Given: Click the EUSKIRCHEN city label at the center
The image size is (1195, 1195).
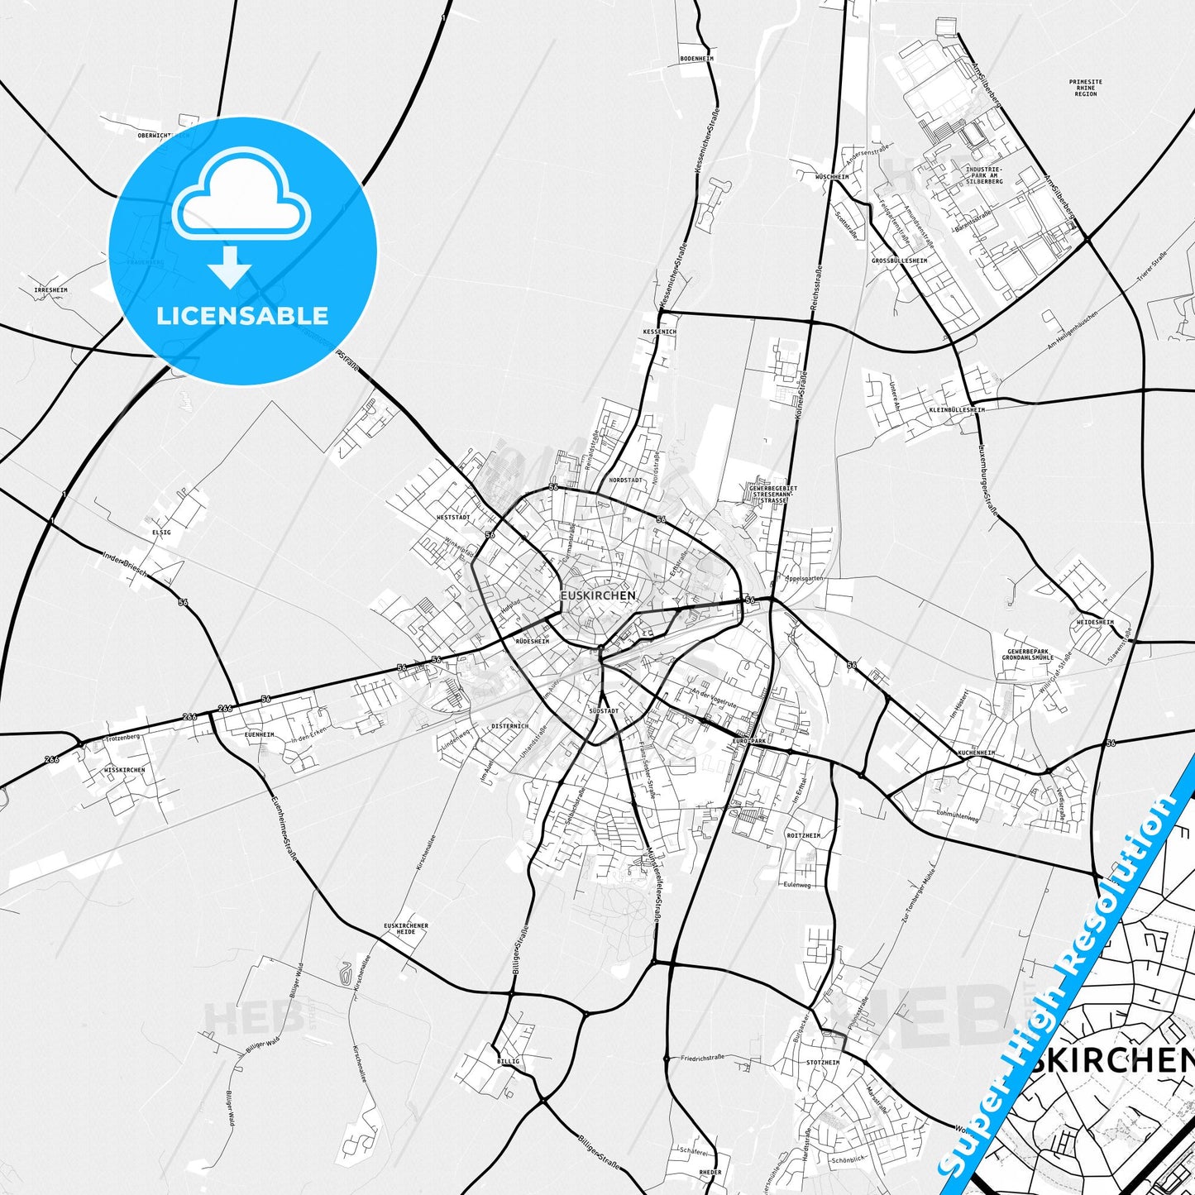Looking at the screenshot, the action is (x=598, y=595).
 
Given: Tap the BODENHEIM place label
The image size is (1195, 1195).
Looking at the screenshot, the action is (x=696, y=59).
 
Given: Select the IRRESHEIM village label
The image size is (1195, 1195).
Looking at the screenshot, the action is (x=51, y=290).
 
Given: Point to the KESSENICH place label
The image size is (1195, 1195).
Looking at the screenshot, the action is (x=659, y=332).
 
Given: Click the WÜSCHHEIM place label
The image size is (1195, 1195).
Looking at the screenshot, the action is (x=832, y=177).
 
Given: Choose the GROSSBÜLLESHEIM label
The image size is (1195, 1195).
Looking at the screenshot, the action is (x=899, y=261).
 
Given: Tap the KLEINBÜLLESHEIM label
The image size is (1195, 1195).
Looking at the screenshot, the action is (x=957, y=410).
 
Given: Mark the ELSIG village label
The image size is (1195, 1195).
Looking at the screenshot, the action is (x=161, y=533).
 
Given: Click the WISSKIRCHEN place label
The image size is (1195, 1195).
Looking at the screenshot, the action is (x=125, y=770).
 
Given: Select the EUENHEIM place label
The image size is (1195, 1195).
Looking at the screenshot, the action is (x=260, y=734).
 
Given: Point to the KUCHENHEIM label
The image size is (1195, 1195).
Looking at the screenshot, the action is (x=976, y=753).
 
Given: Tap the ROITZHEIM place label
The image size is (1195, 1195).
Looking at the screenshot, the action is (x=804, y=836).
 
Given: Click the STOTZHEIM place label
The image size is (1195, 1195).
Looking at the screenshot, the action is (x=822, y=1063).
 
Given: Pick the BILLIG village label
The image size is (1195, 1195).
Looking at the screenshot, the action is (x=509, y=1061).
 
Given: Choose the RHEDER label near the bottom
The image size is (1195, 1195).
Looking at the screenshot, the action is (x=710, y=1173).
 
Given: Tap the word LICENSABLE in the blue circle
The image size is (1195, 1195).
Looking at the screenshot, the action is (x=242, y=316).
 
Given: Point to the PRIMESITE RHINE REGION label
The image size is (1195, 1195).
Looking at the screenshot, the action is (x=1085, y=88).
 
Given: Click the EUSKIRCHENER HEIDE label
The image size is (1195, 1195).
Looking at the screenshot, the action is (x=406, y=929).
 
